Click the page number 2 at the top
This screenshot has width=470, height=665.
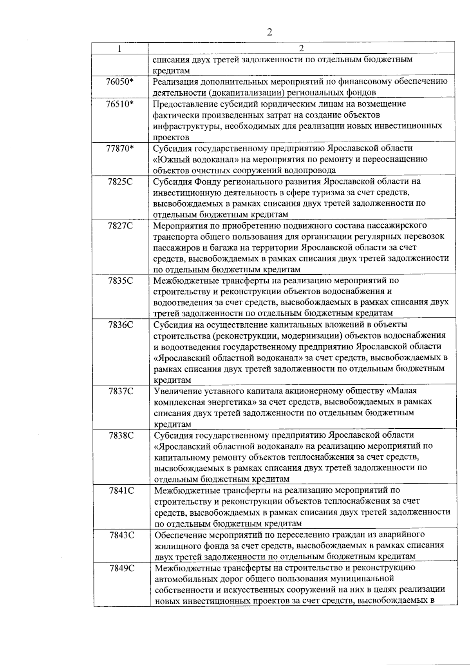(x=269, y=32)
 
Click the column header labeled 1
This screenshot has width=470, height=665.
(x=119, y=49)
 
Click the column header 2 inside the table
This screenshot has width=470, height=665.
(x=301, y=49)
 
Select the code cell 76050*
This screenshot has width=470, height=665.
(x=119, y=82)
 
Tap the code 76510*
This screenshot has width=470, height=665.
(x=119, y=104)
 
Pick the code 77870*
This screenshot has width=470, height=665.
(x=119, y=149)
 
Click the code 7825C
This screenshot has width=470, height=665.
(x=120, y=182)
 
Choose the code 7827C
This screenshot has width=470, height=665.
(x=120, y=226)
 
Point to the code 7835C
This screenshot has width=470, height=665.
(x=120, y=281)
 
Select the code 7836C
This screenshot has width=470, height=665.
(x=121, y=325)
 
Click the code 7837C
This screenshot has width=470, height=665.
(x=121, y=391)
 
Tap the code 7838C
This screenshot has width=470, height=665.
(x=121, y=435)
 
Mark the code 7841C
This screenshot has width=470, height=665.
(x=121, y=490)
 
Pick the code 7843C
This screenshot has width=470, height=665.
(x=122, y=535)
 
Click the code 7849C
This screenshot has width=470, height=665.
(x=122, y=568)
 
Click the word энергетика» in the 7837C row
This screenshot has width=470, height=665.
(x=233, y=402)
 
